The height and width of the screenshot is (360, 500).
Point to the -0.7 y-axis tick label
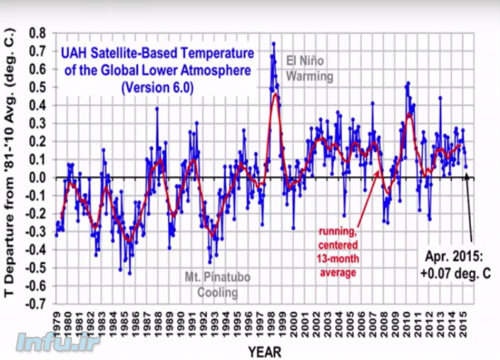pyautogui.click(x=33, y=304)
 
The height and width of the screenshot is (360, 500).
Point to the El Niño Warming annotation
pyautogui.click(x=309, y=69)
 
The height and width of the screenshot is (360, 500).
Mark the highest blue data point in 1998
pyautogui.click(x=273, y=44)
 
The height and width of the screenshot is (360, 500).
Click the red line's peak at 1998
pyautogui.click(x=274, y=94)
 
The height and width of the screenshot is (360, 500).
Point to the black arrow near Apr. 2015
pyautogui.click(x=470, y=207)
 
